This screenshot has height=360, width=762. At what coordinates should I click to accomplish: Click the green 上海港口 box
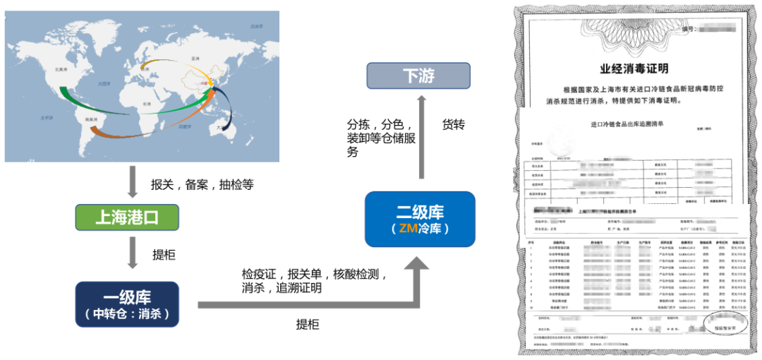click(x=127, y=217)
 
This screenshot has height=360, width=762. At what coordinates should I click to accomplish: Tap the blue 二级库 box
click(x=420, y=218)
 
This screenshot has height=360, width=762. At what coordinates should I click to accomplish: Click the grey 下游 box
click(x=418, y=76)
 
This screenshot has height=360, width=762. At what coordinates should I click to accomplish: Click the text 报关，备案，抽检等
click(x=202, y=185)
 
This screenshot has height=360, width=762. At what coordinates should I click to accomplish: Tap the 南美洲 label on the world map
click(x=90, y=119)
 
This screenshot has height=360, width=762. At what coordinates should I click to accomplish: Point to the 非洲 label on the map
click(x=146, y=103)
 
